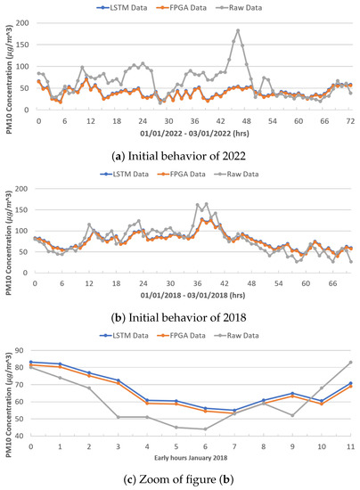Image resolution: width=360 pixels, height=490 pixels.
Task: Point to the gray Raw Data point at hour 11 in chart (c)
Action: pos(350,362)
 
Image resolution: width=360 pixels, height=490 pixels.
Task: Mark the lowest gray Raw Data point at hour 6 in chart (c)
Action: pos(205,429)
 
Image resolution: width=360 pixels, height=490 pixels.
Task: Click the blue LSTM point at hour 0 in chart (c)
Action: pos(31,362)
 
